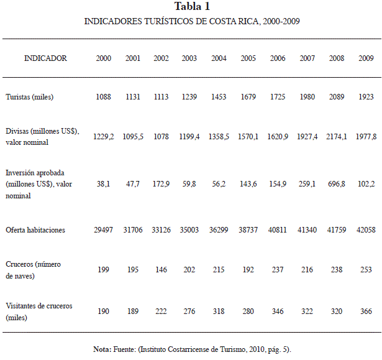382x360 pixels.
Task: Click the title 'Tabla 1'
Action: (x=192, y=6)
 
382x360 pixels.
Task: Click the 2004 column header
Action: (x=219, y=58)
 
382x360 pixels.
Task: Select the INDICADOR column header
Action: (x=45, y=58)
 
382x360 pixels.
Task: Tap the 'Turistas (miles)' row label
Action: (x=29, y=97)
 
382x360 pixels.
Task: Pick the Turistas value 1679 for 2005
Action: (x=248, y=97)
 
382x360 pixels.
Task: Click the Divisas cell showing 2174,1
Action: (x=337, y=137)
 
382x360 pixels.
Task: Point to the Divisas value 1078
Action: (x=161, y=137)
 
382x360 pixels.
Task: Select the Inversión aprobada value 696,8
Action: (x=337, y=184)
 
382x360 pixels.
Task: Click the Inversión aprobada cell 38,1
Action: (x=103, y=184)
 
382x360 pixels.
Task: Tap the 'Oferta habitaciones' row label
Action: (x=35, y=230)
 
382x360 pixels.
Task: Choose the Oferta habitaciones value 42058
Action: (x=366, y=230)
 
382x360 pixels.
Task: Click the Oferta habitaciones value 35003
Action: (x=189, y=230)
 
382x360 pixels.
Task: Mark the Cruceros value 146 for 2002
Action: (x=161, y=269)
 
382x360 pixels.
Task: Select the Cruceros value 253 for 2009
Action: (x=366, y=269)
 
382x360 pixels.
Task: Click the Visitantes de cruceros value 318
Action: (x=219, y=312)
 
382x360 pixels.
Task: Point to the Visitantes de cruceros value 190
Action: (x=103, y=312)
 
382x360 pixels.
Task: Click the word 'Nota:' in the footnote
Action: (x=102, y=349)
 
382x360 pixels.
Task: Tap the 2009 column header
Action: (x=366, y=58)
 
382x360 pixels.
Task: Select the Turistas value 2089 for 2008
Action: (x=337, y=97)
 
